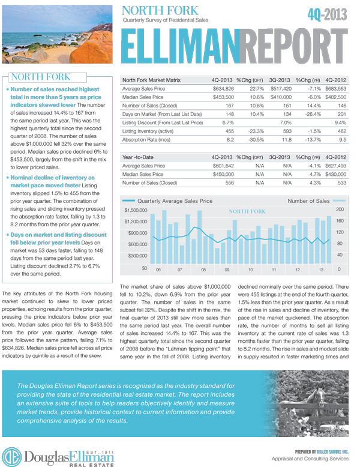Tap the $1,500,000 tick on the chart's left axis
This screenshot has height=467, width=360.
136,210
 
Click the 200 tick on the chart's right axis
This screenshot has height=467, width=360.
340,210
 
